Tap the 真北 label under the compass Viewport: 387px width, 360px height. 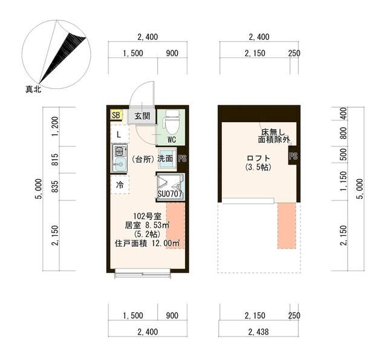[33, 90]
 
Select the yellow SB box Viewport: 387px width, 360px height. [116, 115]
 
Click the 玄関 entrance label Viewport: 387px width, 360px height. [141, 116]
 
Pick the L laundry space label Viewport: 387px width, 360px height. [119, 134]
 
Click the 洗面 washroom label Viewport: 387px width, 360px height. [166, 159]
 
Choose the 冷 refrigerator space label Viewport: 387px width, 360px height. [120, 185]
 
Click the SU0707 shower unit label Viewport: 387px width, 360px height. [171, 194]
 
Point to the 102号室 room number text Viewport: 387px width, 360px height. [146, 216]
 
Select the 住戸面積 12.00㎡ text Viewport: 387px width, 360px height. [147, 243]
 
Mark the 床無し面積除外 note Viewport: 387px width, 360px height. [274, 136]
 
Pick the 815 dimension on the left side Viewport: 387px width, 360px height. [56, 160]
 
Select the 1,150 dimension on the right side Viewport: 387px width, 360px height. [343, 184]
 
